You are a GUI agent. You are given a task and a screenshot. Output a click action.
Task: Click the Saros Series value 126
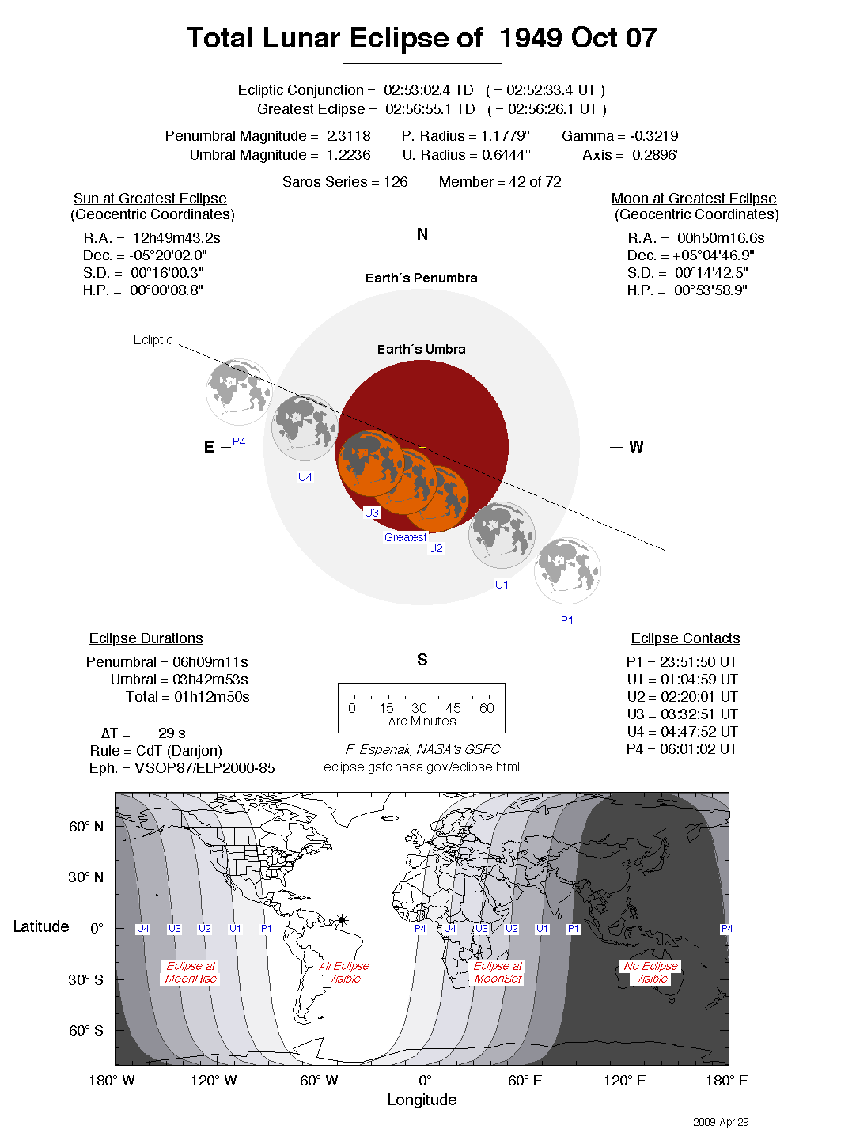point(396,182)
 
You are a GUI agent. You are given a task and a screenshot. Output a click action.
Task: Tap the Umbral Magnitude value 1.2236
point(348,155)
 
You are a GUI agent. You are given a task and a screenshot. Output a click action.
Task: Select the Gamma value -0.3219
point(653,136)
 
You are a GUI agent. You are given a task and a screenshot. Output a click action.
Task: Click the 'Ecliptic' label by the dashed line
point(153,339)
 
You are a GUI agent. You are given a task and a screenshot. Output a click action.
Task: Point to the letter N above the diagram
point(422,234)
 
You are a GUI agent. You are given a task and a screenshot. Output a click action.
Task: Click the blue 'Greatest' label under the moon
point(405,537)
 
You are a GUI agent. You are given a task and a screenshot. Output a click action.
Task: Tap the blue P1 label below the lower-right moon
point(566,620)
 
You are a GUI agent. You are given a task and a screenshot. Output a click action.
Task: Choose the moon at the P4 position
point(238,391)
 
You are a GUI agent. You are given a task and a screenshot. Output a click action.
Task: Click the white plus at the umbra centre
point(422,447)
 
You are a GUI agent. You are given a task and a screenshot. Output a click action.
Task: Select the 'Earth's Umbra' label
point(421,349)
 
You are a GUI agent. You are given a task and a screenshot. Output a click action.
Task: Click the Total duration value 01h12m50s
point(211,697)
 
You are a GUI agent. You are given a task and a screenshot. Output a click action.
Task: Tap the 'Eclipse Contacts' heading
point(685,638)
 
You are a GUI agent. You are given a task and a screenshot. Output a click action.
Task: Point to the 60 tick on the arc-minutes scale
point(487,708)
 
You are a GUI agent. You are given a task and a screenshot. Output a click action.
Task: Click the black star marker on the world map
point(342,920)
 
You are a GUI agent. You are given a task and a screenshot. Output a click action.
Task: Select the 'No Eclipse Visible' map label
point(650,972)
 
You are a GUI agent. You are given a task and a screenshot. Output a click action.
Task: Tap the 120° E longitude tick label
point(624,1081)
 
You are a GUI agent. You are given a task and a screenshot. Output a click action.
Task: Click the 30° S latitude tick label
point(85,979)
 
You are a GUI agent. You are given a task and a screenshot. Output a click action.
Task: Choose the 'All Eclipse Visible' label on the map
point(344,972)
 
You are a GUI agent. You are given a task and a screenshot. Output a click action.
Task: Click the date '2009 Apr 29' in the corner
point(720,1122)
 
